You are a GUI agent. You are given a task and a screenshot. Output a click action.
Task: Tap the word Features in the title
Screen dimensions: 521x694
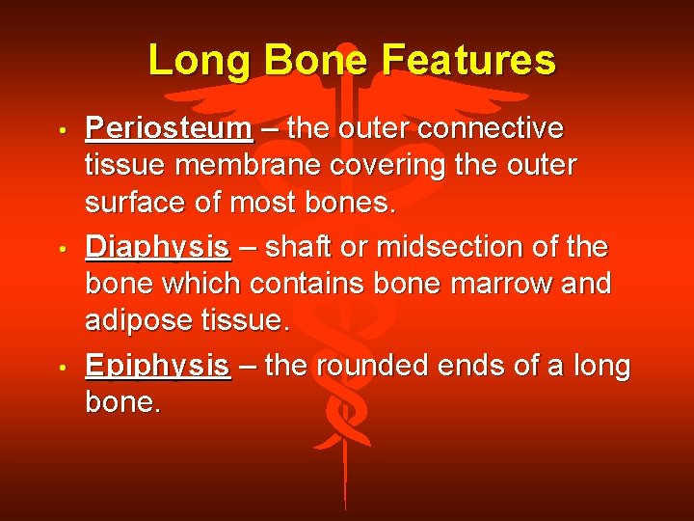[468, 60]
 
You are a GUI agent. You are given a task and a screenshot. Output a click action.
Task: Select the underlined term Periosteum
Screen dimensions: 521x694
[169, 129]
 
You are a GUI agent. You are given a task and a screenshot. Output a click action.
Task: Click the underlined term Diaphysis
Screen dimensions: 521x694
[158, 249]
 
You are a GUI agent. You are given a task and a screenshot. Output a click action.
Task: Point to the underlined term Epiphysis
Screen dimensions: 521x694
[158, 368]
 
